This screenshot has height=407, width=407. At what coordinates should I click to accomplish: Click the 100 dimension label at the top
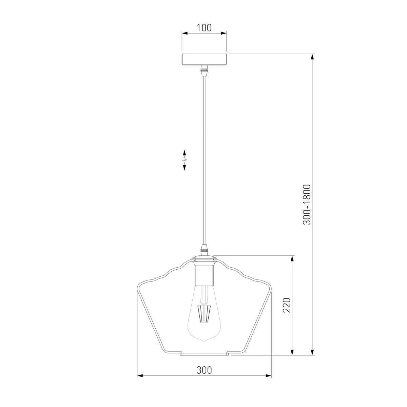204,28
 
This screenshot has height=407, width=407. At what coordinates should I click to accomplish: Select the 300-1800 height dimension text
307,205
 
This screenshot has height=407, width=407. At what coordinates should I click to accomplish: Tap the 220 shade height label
287,305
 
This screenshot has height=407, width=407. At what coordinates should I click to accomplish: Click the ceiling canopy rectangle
204,59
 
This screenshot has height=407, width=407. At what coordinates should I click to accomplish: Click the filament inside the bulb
204,313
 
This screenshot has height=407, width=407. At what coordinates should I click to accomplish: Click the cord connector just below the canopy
204,71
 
